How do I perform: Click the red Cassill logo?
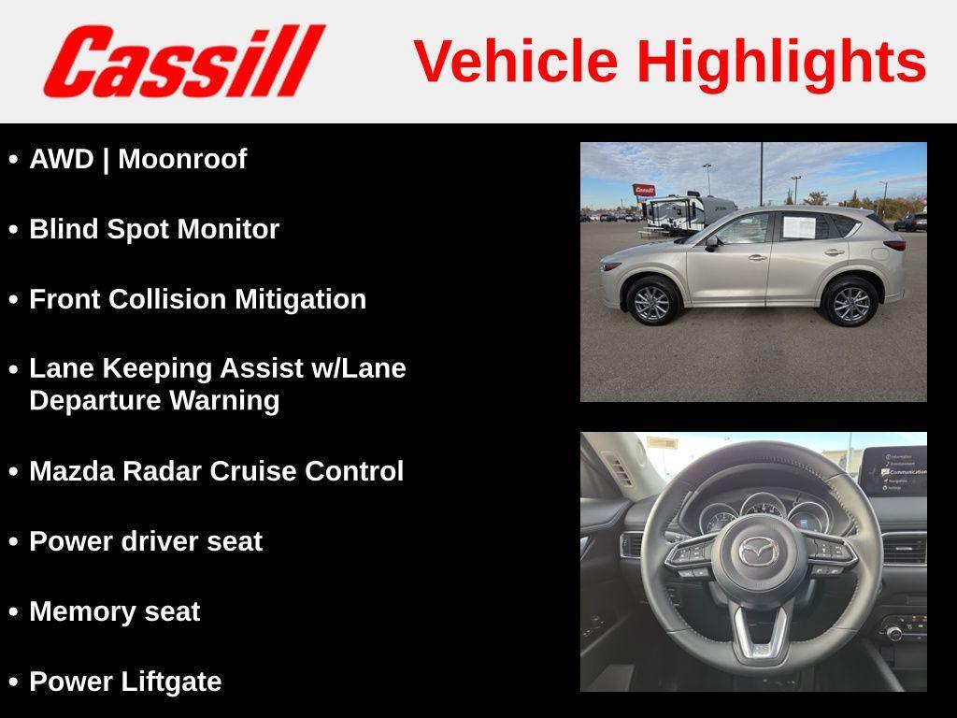tap(183, 62)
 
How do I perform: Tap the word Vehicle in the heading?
tap(516, 62)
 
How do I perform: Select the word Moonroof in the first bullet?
tap(182, 159)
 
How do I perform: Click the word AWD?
tap(62, 159)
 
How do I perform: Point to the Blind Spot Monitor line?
tap(154, 229)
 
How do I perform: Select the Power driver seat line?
tap(146, 541)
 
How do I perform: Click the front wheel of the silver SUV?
tap(651, 302)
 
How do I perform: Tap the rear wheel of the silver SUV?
tap(850, 303)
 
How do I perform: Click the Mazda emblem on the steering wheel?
tap(758, 553)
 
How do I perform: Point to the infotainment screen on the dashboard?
tap(893, 471)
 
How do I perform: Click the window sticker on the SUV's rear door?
tap(799, 226)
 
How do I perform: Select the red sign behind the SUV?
tap(644, 190)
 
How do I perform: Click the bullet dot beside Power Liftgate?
tap(13, 682)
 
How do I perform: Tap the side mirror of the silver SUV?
tap(712, 243)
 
